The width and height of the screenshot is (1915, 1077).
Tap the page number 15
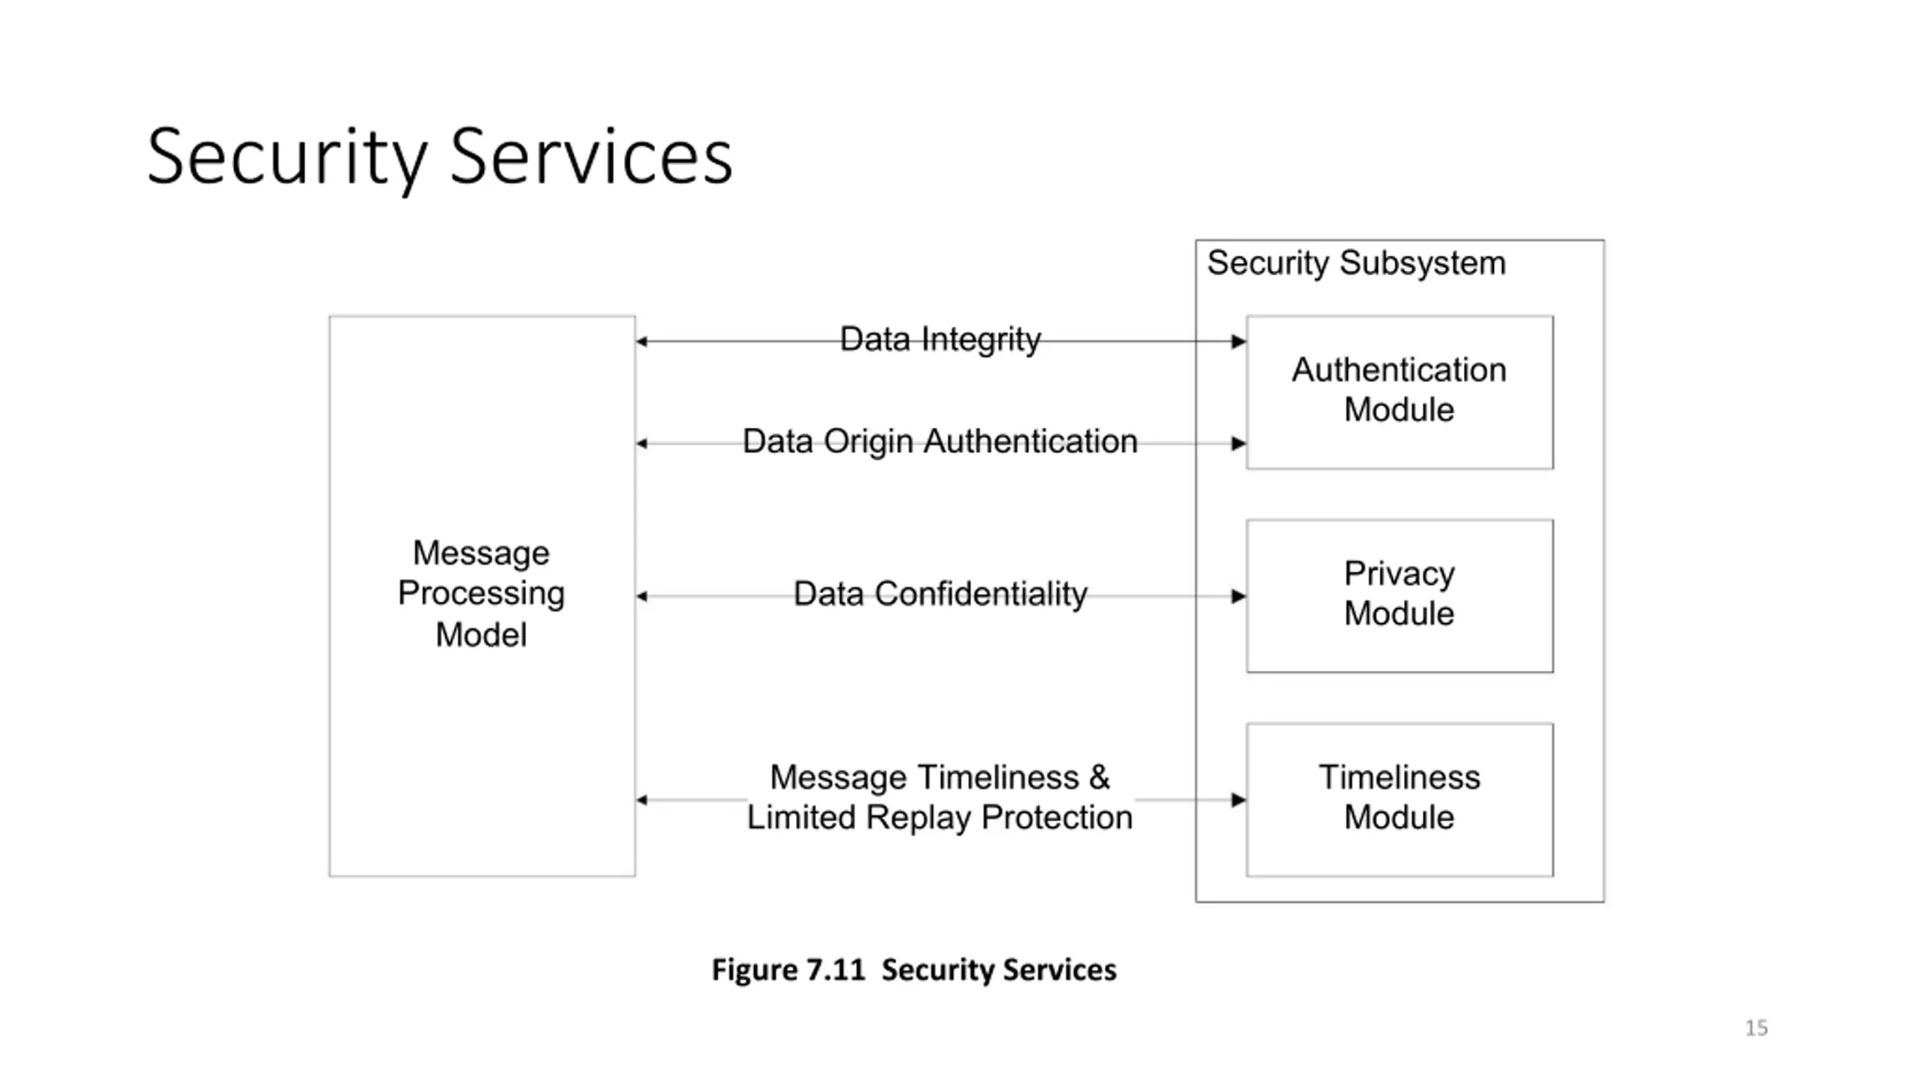pos(1756,1028)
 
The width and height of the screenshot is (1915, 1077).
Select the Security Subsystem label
pos(1356,263)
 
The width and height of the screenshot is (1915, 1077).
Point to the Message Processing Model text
pos(481,594)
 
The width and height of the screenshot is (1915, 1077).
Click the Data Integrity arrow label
pos(940,340)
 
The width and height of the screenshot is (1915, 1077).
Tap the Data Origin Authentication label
pos(940,441)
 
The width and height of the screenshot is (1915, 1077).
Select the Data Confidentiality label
pos(940,594)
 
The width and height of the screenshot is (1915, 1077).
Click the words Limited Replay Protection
pos(940,817)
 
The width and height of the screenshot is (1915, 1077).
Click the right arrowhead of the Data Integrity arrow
pos(1239,342)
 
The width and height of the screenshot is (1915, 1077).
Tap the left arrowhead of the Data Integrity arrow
pos(642,342)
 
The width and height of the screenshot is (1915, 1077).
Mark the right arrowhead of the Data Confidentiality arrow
pos(1239,596)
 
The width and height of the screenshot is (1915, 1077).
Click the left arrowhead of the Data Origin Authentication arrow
pos(642,444)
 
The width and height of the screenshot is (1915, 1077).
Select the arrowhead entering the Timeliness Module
pos(1239,800)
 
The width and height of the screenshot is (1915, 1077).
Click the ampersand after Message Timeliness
pos(1099,778)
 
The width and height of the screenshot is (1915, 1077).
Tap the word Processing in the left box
pos(481,594)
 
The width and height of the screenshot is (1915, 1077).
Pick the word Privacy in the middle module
pos(1400,574)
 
